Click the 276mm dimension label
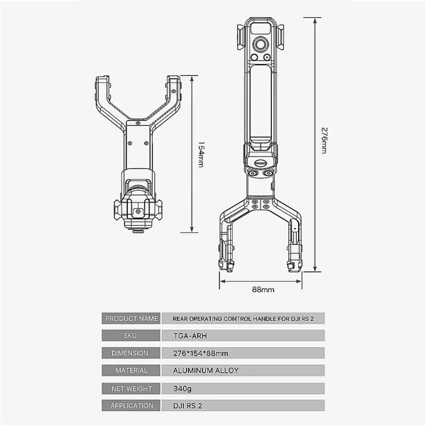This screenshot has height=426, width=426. [x=324, y=140]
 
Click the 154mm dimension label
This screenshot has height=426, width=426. [x=201, y=154]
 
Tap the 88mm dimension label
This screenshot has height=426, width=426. [x=263, y=290]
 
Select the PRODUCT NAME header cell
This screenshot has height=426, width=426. [x=131, y=318]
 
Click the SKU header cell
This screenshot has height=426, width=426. [x=131, y=336]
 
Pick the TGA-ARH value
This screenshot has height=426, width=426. [x=190, y=336]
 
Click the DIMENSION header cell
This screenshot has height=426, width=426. [x=131, y=353]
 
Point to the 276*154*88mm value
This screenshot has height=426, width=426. [x=201, y=353]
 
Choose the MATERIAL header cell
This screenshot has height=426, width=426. [x=131, y=371]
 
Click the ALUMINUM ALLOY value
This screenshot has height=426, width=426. [x=206, y=371]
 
